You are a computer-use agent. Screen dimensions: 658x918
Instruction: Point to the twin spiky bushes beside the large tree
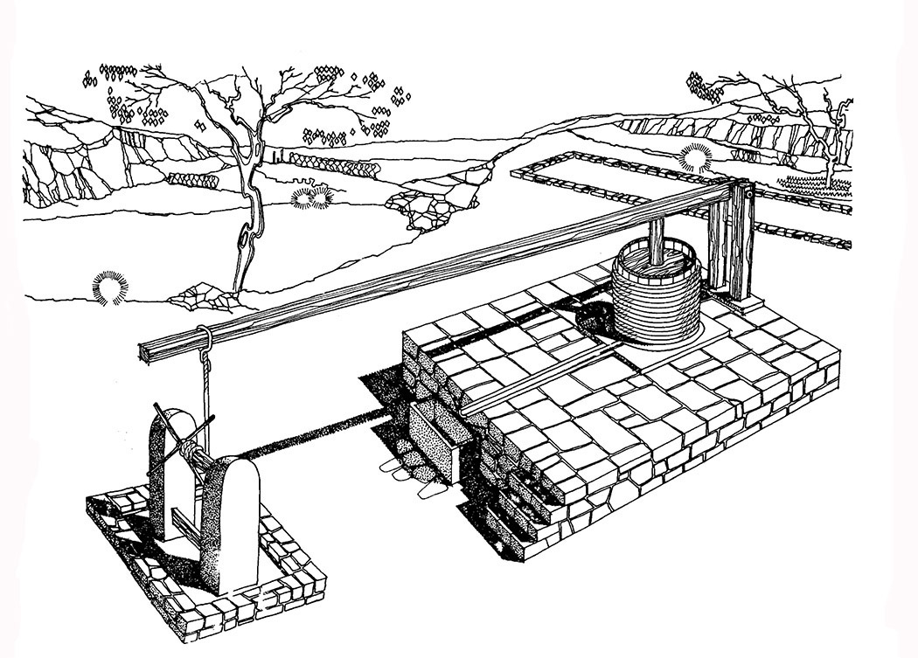(312, 197)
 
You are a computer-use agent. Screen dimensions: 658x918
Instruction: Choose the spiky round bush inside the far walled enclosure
(697, 157)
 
